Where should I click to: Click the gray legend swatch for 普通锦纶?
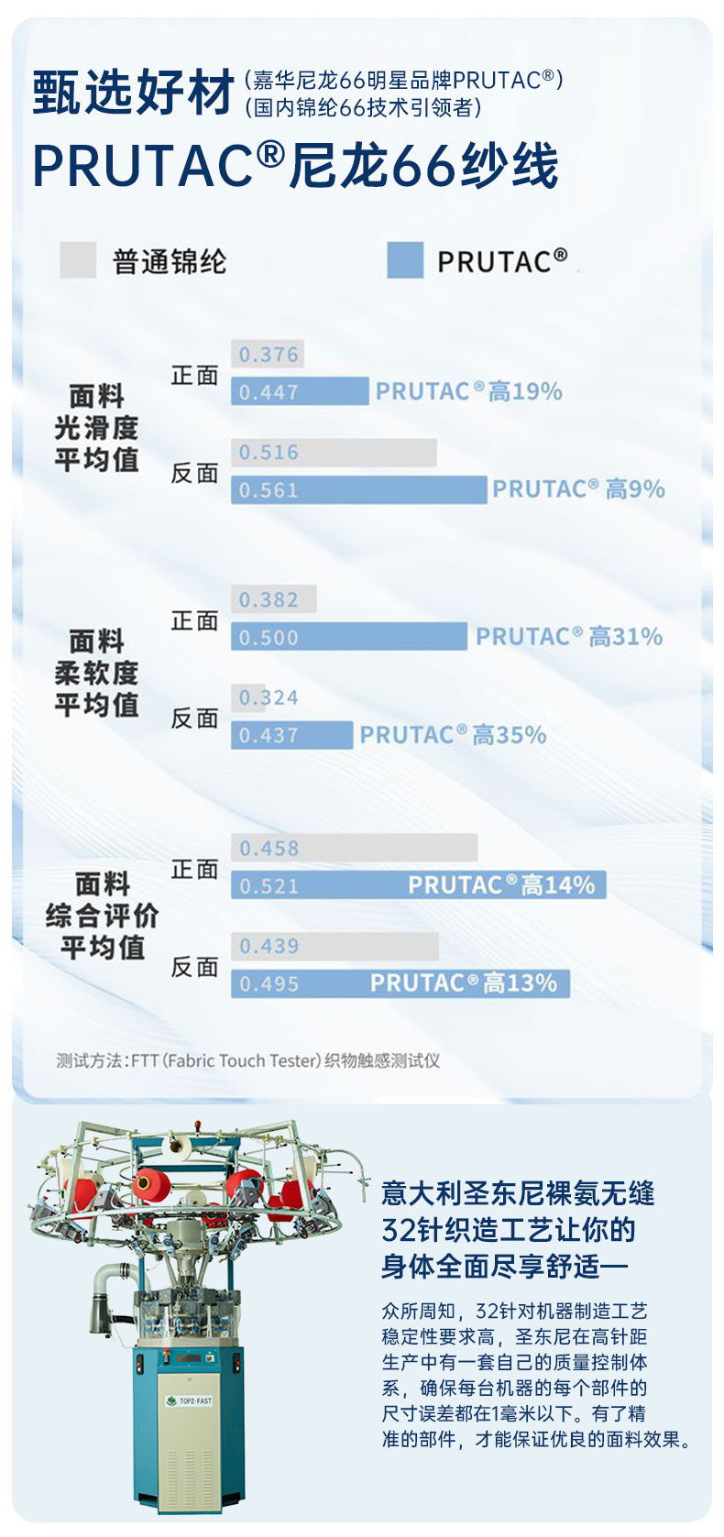pos(78,260)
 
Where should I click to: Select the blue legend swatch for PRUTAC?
pos(405,260)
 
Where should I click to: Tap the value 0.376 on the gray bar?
pos(269,355)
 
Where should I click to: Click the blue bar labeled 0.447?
pos(299,392)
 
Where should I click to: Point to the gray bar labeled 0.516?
pos(334,453)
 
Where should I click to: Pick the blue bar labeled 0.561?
pos(358,490)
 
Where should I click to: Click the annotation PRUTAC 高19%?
pos(468,392)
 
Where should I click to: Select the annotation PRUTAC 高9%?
pos(578,489)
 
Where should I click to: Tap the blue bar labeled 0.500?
pos(349,637)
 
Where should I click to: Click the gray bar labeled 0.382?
pos(273,600)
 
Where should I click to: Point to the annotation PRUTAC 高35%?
pos(453,735)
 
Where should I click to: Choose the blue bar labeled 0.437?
pos(291,735)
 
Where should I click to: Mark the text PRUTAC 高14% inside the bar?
pos(501,885)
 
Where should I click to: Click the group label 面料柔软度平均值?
pos(96,673)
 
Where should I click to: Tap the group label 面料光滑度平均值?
pos(96,428)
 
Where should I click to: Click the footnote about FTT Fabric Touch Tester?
pos(247,1060)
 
